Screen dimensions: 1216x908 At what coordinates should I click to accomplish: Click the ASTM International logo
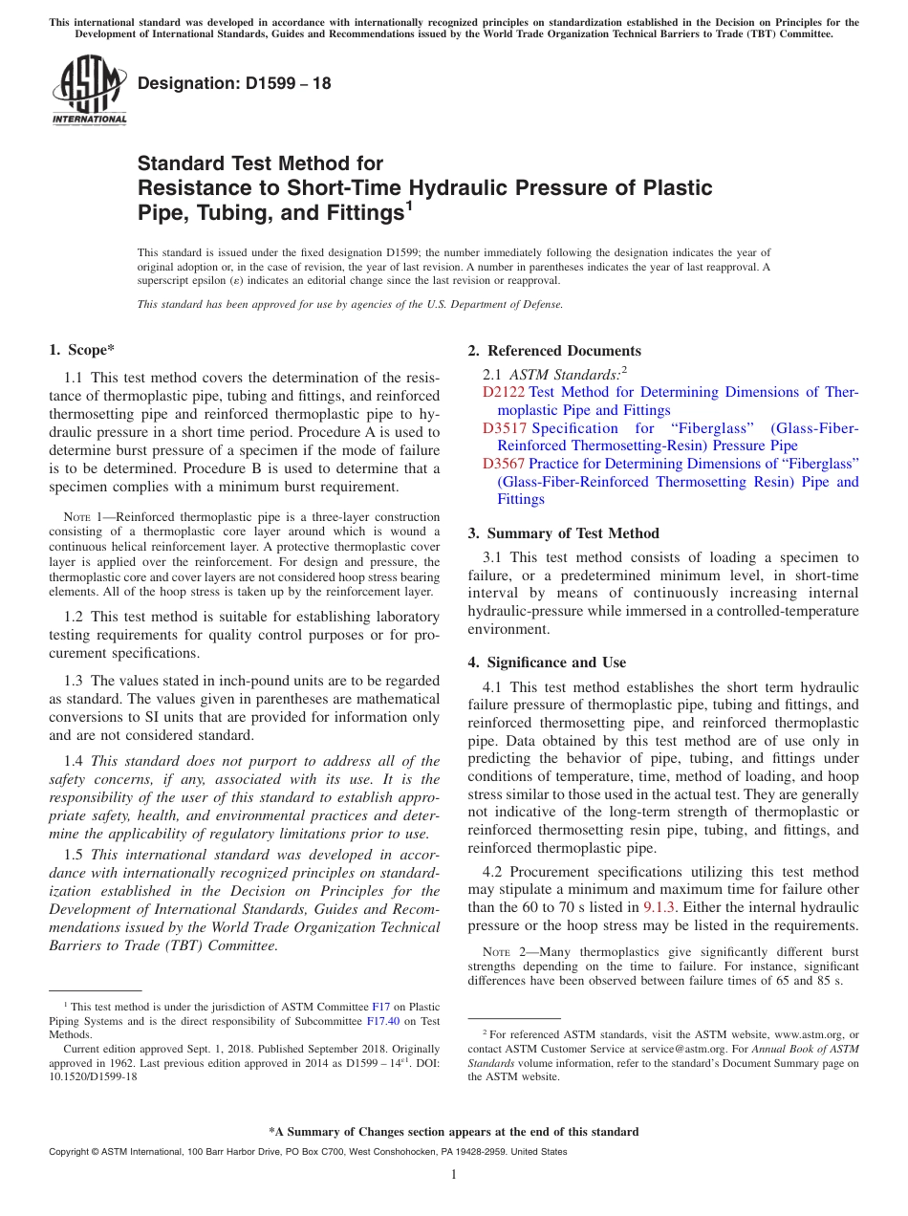(x=89, y=90)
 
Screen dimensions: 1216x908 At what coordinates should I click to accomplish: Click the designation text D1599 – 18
(x=234, y=83)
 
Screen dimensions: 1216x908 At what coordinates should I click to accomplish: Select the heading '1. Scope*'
(x=81, y=351)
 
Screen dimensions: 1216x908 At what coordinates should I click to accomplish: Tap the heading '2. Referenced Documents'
(x=554, y=351)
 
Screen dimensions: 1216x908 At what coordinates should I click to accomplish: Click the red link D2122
(x=504, y=392)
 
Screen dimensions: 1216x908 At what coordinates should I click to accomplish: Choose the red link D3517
(x=504, y=428)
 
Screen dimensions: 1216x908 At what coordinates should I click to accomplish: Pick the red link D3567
(x=504, y=464)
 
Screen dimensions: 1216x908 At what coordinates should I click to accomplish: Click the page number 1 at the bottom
(x=454, y=1175)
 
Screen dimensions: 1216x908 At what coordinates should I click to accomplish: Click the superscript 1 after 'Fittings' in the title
(x=409, y=205)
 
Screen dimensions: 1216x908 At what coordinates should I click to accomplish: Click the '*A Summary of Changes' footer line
(x=453, y=1132)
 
